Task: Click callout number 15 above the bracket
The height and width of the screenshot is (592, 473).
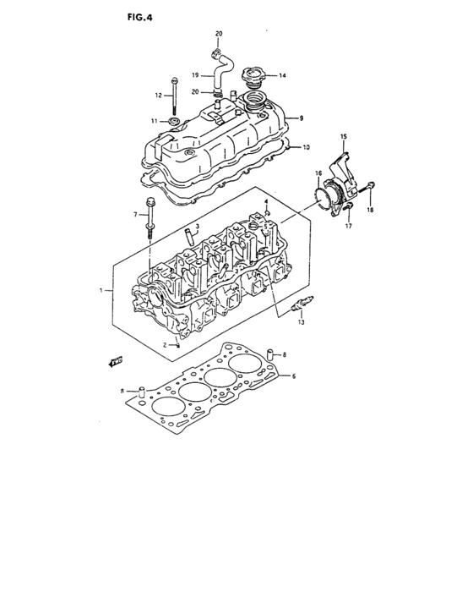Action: click(x=344, y=136)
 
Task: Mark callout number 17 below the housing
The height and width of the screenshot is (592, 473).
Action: click(x=347, y=226)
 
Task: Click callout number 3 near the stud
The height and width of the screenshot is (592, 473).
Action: click(x=196, y=227)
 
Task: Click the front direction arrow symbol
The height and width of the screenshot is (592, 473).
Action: click(x=112, y=362)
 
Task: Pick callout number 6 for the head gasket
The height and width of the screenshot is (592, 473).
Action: click(x=293, y=376)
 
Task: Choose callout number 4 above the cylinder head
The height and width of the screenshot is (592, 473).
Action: click(x=266, y=201)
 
